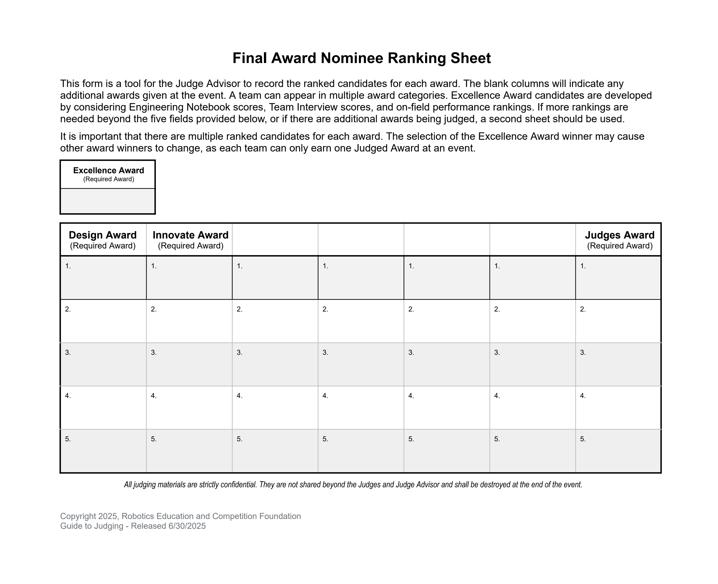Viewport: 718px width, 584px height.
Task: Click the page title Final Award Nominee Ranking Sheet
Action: pyautogui.click(x=362, y=58)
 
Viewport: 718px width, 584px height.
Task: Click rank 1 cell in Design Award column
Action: pyautogui.click(x=103, y=278)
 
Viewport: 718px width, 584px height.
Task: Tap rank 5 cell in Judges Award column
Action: pyautogui.click(x=618, y=451)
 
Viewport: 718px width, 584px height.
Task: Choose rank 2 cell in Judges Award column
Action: pyautogui.click(x=618, y=321)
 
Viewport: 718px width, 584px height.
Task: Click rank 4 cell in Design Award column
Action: pyautogui.click(x=103, y=407)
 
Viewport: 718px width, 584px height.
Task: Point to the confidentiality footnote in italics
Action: pyautogui.click(x=353, y=485)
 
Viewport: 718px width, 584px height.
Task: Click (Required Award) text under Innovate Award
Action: pyautogui.click(x=191, y=246)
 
